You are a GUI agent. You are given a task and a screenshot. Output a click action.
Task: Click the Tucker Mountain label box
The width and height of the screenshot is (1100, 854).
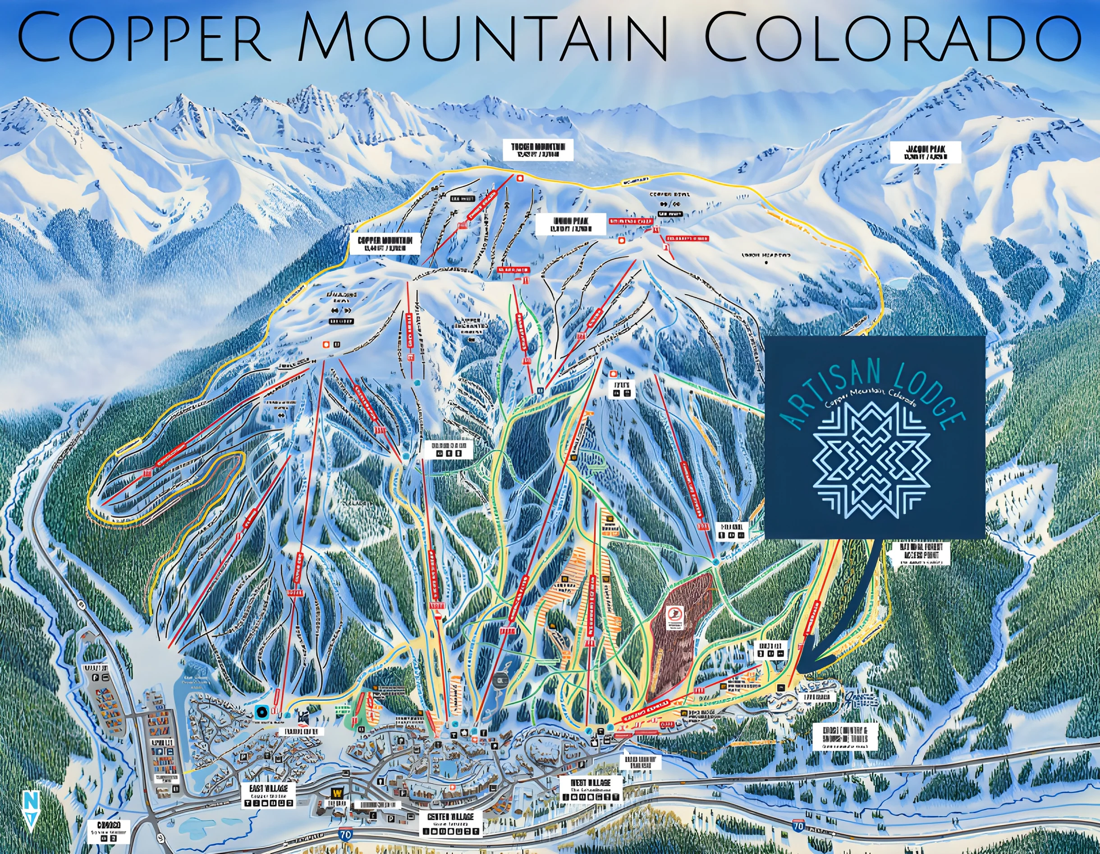(538, 150)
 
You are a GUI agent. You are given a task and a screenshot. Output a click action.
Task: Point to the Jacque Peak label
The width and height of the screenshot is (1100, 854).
(926, 152)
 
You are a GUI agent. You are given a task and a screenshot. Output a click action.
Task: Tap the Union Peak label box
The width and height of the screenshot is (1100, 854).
(571, 224)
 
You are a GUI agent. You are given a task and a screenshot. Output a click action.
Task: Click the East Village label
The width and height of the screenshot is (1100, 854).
(268, 795)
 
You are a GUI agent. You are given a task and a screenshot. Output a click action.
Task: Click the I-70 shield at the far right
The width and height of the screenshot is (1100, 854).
(798, 826)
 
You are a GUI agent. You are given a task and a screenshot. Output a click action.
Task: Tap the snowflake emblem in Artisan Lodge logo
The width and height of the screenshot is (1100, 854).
(872, 460)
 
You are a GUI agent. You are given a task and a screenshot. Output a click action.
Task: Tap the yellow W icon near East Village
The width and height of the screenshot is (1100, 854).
(336, 793)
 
